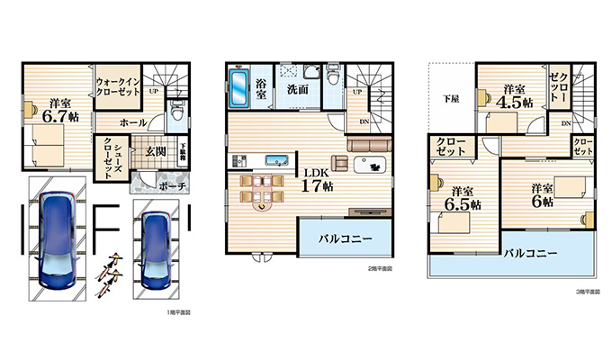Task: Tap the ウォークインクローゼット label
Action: tap(117, 85)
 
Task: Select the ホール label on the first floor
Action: tap(133, 120)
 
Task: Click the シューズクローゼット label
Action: tap(106, 151)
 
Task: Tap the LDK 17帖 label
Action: tap(317, 180)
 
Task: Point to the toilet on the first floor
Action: tap(176, 112)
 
